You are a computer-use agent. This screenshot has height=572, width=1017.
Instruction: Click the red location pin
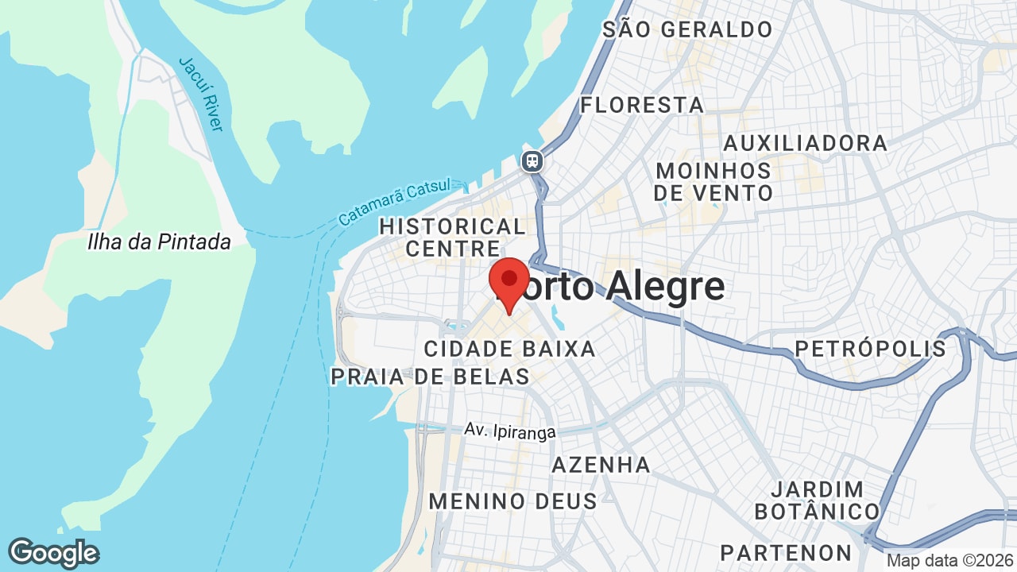(x=509, y=283)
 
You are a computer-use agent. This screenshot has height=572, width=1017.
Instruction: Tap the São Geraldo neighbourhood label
(x=687, y=30)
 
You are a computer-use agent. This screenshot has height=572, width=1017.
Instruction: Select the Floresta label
(x=642, y=105)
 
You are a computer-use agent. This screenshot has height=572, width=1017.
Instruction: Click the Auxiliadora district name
(x=805, y=143)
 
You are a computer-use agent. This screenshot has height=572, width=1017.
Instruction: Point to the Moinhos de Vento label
(x=713, y=182)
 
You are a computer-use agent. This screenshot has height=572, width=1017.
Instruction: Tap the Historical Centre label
(x=452, y=238)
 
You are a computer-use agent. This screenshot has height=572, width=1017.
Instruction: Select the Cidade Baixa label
(x=509, y=349)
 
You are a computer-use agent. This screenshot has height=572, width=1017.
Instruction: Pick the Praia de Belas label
(x=430, y=377)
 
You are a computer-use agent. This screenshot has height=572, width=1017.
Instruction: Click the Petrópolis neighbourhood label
(x=871, y=349)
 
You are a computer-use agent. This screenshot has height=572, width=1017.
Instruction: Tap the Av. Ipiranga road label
(x=510, y=431)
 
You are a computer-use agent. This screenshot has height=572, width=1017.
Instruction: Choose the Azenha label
(x=601, y=465)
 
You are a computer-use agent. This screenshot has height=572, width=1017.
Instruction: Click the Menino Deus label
(x=512, y=501)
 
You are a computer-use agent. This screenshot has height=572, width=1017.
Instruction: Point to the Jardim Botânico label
(x=817, y=500)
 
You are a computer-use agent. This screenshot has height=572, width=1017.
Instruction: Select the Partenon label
(x=786, y=552)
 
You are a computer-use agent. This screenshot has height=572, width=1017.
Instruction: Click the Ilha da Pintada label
(x=159, y=242)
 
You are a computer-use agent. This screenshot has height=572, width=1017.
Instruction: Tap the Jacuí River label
(x=201, y=93)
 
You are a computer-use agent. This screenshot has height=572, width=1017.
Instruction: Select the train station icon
(x=532, y=161)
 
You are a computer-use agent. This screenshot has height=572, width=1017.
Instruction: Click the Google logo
(x=53, y=553)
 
